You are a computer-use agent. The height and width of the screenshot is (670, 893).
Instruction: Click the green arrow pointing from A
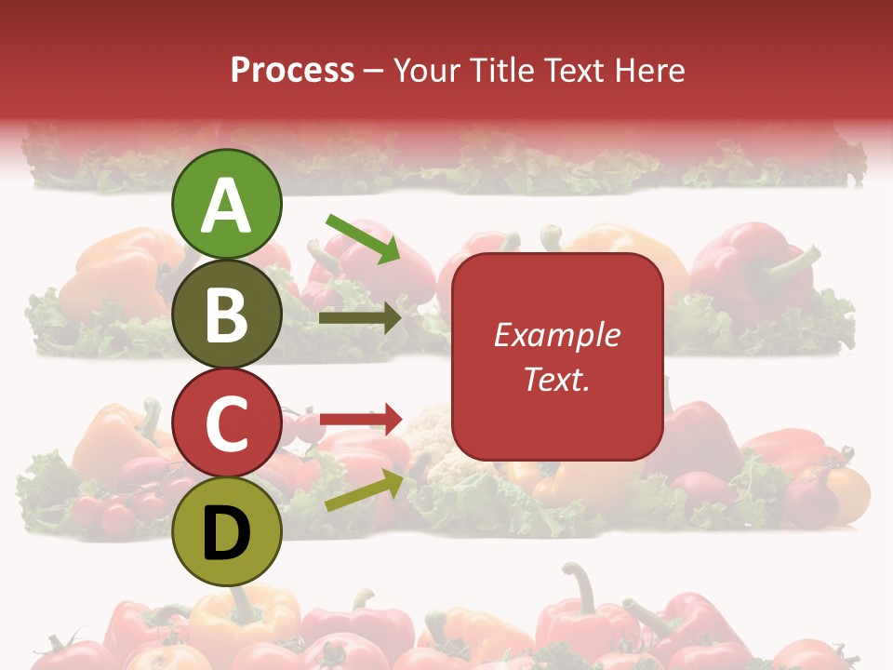[364, 238]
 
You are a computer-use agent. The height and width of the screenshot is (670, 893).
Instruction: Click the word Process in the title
[292, 70]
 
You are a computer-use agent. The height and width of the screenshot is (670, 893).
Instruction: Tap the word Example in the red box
[556, 335]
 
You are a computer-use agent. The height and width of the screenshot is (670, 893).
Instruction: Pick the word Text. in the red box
[556, 380]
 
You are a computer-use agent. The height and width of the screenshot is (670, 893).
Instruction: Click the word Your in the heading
[429, 70]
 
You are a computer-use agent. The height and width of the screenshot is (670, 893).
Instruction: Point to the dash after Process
[373, 71]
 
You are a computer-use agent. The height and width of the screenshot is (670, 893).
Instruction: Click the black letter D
[226, 532]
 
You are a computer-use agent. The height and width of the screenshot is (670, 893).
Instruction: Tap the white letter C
[226, 424]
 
